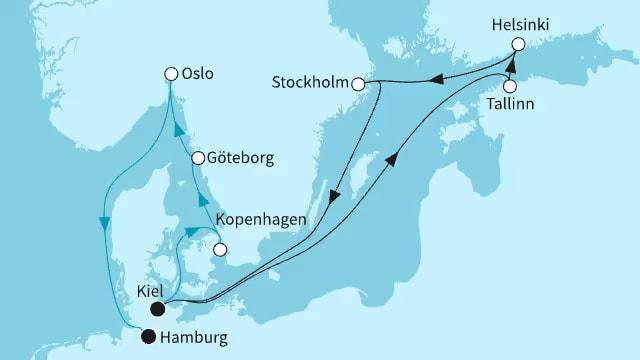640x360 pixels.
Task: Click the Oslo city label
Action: click(x=199, y=73)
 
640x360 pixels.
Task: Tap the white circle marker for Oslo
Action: click(x=171, y=73)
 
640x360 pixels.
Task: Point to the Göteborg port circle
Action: click(x=198, y=158)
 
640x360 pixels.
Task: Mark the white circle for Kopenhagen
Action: click(x=220, y=250)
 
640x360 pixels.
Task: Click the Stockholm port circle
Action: click(x=358, y=85)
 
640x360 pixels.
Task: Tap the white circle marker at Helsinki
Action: click(x=518, y=44)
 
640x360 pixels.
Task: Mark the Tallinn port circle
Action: click(x=510, y=86)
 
